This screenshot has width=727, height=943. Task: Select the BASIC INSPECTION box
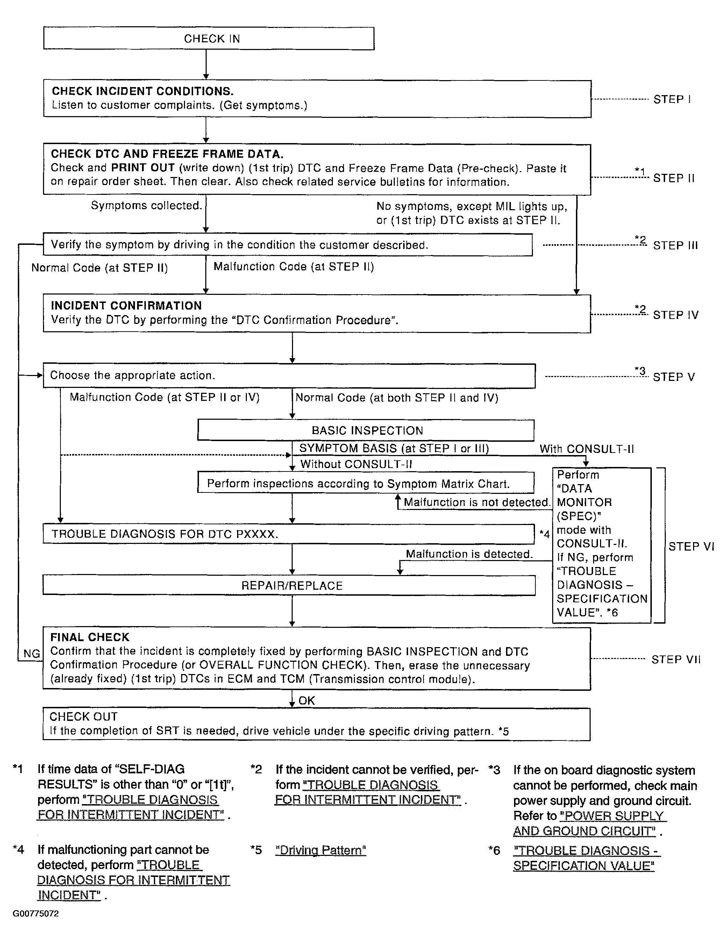[366, 431]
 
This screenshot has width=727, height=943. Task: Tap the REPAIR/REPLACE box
[289, 586]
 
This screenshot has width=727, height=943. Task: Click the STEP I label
[672, 99]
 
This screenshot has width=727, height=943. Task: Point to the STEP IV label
[675, 315]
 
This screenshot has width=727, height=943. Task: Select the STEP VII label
[676, 659]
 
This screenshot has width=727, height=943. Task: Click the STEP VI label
[691, 547]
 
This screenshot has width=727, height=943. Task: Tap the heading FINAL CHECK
[90, 637]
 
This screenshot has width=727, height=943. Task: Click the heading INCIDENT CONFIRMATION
[126, 306]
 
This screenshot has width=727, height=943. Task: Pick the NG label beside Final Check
[31, 654]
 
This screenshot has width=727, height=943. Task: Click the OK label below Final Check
[307, 701]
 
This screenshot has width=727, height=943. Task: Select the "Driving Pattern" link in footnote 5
[321, 850]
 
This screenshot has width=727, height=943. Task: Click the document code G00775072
[35, 914]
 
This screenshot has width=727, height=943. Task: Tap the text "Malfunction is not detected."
[477, 502]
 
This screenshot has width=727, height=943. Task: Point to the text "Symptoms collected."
[147, 206]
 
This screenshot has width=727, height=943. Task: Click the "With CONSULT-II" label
[586, 449]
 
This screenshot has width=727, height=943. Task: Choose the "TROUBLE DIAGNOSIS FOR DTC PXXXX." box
[288, 534]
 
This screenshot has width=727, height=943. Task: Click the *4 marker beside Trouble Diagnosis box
[544, 534]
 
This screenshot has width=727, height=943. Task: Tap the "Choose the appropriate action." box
[288, 376]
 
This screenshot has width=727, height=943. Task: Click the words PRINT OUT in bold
[143, 168]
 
